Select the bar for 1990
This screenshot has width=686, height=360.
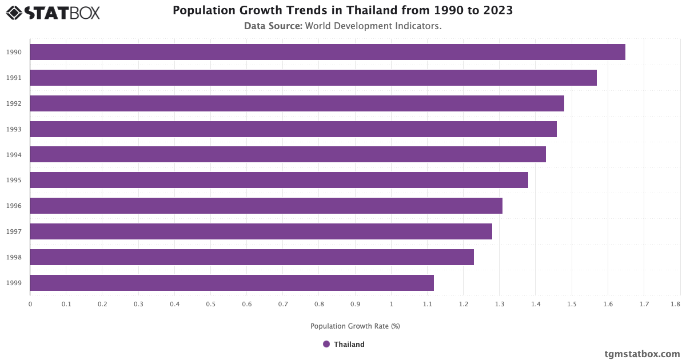click(x=327, y=52)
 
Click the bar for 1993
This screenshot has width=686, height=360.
click(x=293, y=129)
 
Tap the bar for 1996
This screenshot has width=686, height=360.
click(x=266, y=206)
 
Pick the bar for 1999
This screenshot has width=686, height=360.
click(x=232, y=283)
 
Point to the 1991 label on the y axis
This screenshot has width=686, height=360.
click(x=14, y=78)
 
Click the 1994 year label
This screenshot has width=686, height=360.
click(x=14, y=155)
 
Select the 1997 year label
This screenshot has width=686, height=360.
click(x=14, y=231)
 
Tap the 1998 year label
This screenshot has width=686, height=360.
click(x=14, y=257)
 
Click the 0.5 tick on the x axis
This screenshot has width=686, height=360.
click(x=210, y=304)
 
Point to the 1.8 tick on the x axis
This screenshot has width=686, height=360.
click(x=676, y=304)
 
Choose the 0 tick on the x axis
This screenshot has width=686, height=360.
click(x=30, y=304)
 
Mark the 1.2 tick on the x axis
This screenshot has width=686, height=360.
click(x=463, y=304)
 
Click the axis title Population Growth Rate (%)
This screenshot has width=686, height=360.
click(x=355, y=326)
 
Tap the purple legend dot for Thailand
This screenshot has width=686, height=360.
click(x=326, y=344)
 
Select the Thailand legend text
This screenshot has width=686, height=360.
click(x=349, y=345)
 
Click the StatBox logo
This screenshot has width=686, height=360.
click(x=53, y=13)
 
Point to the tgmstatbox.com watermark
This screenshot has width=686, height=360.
click(x=642, y=354)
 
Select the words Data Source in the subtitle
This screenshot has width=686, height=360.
click(x=273, y=26)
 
